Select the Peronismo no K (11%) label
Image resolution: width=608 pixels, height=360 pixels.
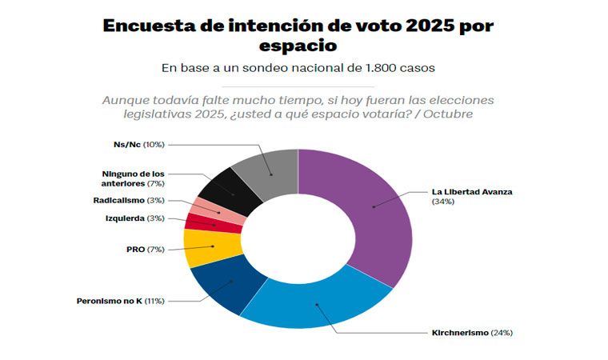point(121,301)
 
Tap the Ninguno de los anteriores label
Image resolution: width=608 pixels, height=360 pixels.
point(133,178)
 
